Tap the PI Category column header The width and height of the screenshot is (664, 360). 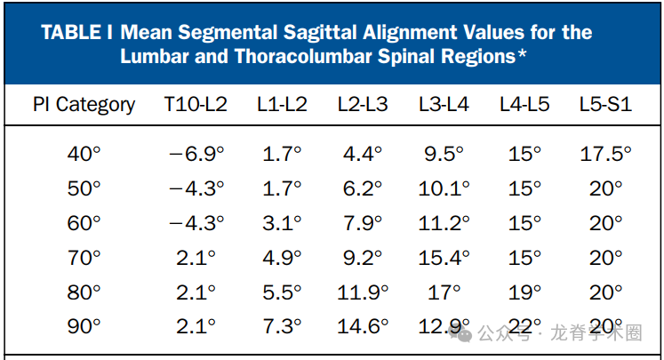[x=84, y=104]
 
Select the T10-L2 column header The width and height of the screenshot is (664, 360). [x=196, y=104]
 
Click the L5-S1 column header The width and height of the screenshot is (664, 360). [x=605, y=104]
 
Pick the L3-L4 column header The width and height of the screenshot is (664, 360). [x=444, y=104]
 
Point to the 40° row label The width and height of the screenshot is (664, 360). [x=84, y=154]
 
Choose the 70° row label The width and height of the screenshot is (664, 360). [x=84, y=258]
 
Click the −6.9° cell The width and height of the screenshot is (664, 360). [x=196, y=154]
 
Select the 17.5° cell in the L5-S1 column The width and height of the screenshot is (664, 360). [x=605, y=154]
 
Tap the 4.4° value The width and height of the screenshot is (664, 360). [x=363, y=154]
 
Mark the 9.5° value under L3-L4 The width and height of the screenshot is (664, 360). [x=444, y=154]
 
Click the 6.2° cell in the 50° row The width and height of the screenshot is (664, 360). [x=363, y=188]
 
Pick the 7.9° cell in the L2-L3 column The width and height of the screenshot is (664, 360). [x=363, y=223]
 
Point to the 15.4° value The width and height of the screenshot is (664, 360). [x=444, y=258]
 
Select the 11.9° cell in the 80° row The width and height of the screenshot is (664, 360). [x=363, y=292]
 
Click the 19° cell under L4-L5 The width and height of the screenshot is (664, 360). [x=524, y=292]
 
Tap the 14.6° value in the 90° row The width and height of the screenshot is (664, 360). [x=363, y=326]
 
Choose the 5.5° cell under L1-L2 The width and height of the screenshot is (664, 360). [x=283, y=292]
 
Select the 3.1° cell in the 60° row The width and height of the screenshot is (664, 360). [x=283, y=223]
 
